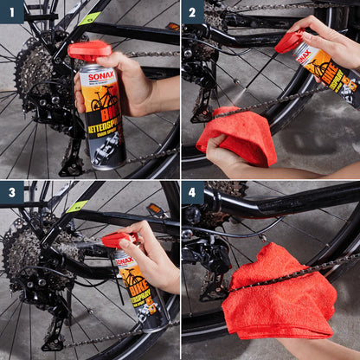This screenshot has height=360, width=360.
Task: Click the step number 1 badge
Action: (12, 12)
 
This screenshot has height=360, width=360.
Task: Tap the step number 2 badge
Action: (193, 12)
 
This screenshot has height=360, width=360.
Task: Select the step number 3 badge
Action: (12, 193)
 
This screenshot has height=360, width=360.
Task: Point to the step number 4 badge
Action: (193, 193)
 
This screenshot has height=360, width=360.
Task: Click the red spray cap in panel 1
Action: (88, 50)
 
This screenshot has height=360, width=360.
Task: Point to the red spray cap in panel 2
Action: (289, 40)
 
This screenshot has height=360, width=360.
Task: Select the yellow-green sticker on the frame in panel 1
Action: (89, 18)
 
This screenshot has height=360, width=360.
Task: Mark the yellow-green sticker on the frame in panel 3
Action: (78, 206)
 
